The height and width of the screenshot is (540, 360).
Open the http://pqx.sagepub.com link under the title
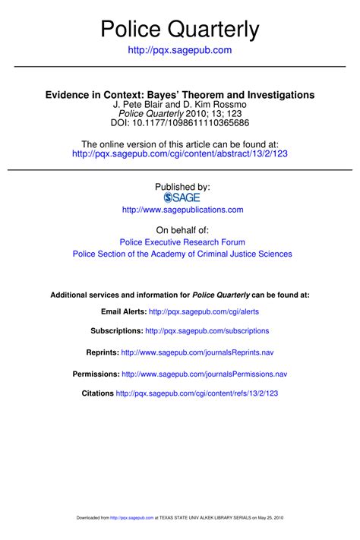(180, 50)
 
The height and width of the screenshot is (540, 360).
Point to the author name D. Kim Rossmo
(216, 104)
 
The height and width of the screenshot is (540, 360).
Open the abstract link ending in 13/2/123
(179, 153)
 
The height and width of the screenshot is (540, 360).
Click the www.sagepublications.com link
(182, 210)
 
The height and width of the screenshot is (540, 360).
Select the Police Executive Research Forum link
(182, 242)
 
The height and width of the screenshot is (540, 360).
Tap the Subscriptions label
(116, 331)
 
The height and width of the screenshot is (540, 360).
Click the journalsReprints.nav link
(198, 353)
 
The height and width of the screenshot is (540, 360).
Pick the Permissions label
(96, 374)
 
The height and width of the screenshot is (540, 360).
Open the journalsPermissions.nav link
(204, 374)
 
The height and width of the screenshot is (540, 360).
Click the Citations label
(97, 393)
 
